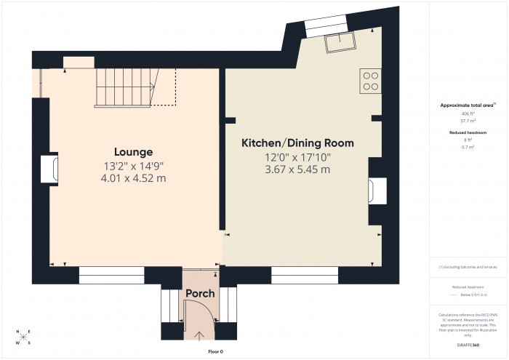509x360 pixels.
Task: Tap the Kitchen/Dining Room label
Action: click(297, 143)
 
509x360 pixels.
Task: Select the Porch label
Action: click(200, 294)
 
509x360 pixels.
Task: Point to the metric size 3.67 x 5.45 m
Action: click(297, 169)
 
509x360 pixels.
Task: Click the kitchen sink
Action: click(340, 44)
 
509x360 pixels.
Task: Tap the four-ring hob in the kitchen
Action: click(370, 81)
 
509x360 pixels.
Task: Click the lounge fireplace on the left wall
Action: click(49, 168)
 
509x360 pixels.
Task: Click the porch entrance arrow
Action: click(201, 335)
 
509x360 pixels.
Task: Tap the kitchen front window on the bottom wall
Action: click(305, 275)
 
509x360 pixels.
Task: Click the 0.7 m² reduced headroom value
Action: click(468, 148)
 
